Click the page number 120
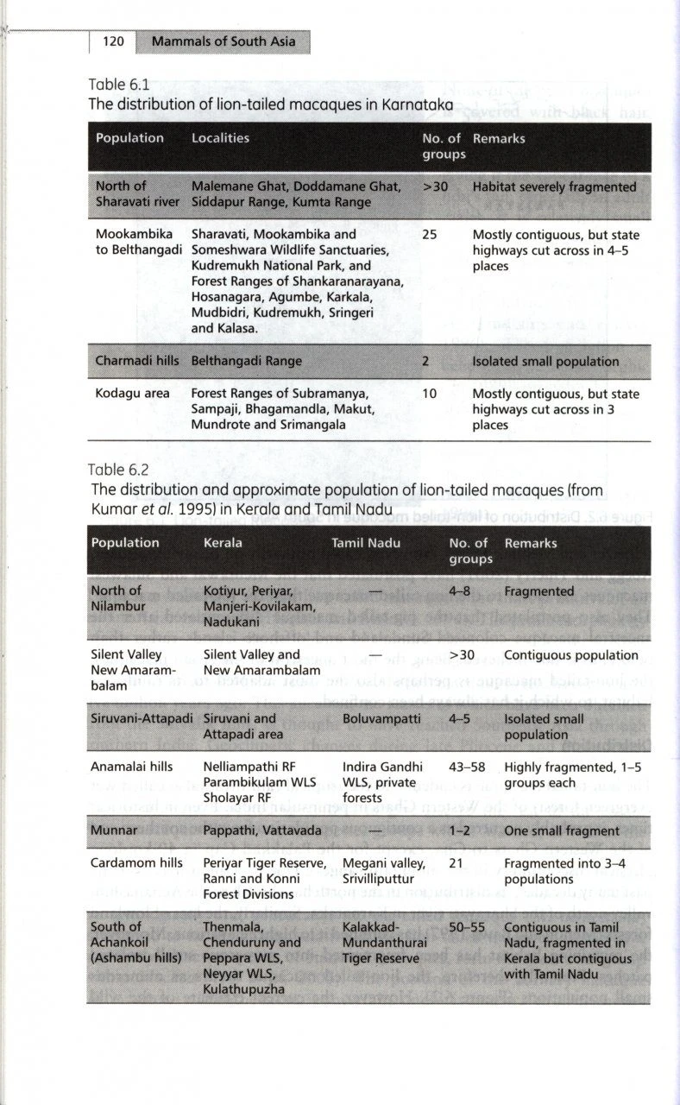tap(115, 41)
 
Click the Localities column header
tap(220, 138)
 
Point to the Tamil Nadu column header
tap(368, 543)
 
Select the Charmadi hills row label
tap(137, 361)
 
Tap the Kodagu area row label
tap(133, 394)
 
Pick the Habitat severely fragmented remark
tap(554, 186)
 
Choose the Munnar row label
tap(115, 830)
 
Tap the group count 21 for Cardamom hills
tap(456, 863)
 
